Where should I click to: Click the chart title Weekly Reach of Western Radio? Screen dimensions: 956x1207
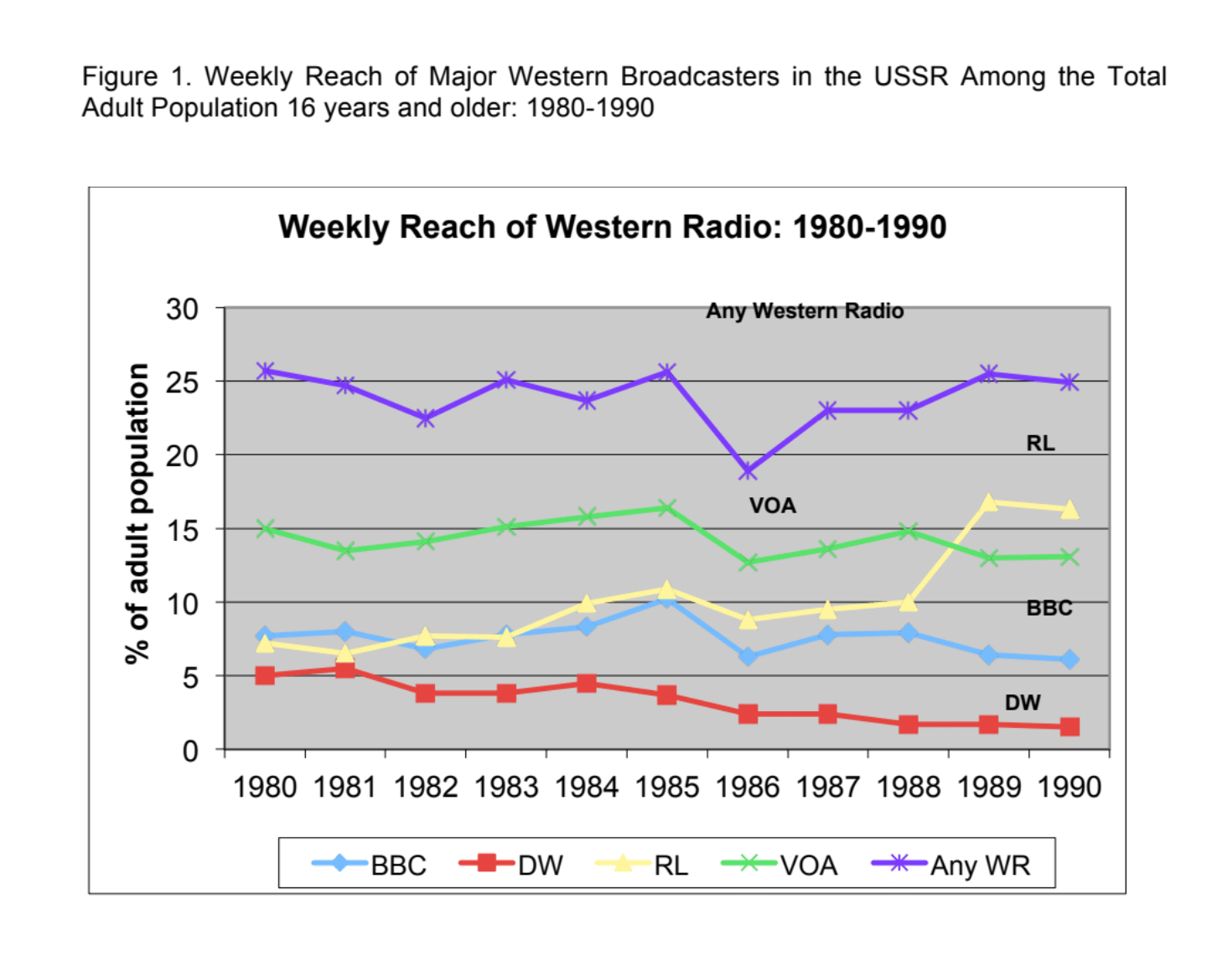[x=612, y=227]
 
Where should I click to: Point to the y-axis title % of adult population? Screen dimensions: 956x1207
[x=137, y=513]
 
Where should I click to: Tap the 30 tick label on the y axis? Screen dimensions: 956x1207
[x=182, y=309]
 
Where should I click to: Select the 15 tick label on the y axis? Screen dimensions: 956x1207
[x=182, y=530]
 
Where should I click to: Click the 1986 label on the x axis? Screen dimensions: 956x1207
[x=748, y=787]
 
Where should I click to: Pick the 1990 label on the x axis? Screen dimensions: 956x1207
[x=1069, y=787]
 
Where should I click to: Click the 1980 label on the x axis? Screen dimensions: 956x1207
[x=265, y=787]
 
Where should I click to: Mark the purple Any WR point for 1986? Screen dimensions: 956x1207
[x=748, y=471]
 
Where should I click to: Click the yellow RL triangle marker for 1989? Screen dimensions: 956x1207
[x=989, y=502]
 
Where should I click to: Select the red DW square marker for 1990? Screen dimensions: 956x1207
[x=1070, y=726]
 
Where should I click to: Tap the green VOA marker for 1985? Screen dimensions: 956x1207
[x=666, y=507]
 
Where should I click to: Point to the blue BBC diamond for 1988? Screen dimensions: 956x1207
[x=909, y=633]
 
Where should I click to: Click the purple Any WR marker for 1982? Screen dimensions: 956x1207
[x=426, y=418]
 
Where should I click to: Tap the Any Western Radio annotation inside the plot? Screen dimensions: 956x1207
[x=805, y=311]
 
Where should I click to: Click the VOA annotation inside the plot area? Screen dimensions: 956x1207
[x=772, y=506]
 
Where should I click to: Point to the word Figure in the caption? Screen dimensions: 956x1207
[x=119, y=77]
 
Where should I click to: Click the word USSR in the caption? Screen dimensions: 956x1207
[x=910, y=77]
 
